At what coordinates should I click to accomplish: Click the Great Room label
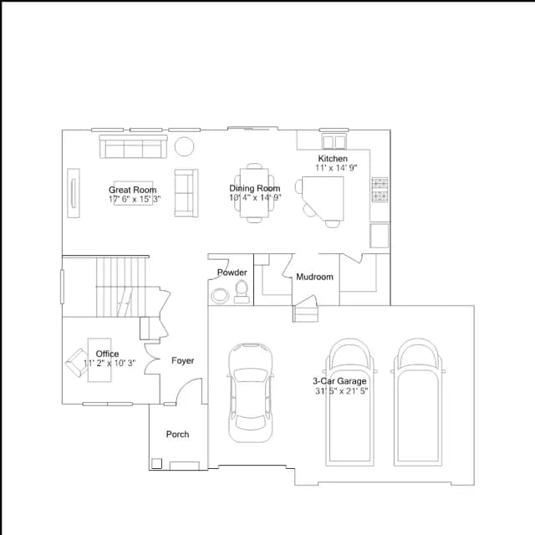click(x=133, y=190)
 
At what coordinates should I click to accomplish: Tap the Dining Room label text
click(x=255, y=188)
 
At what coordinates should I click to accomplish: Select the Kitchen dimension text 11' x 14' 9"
click(x=336, y=167)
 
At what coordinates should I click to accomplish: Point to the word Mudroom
click(x=314, y=277)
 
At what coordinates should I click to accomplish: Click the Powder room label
click(x=232, y=273)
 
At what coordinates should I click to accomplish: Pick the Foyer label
click(x=182, y=360)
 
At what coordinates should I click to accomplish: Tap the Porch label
click(x=177, y=435)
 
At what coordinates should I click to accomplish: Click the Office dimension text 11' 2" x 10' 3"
click(x=110, y=363)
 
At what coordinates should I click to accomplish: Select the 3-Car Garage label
click(x=339, y=381)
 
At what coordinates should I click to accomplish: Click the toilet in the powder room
click(x=242, y=292)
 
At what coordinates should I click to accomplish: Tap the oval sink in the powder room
click(x=220, y=295)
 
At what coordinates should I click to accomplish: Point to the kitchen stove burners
click(x=380, y=190)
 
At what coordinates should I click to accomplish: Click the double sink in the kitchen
click(x=334, y=141)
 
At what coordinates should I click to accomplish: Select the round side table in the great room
click(x=184, y=146)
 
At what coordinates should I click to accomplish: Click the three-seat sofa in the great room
click(x=133, y=147)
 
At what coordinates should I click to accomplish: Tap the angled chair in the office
click(x=76, y=363)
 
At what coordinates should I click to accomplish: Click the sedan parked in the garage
click(x=251, y=393)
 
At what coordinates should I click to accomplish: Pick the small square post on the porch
click(x=156, y=463)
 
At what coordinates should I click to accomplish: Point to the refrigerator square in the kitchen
click(x=380, y=236)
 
